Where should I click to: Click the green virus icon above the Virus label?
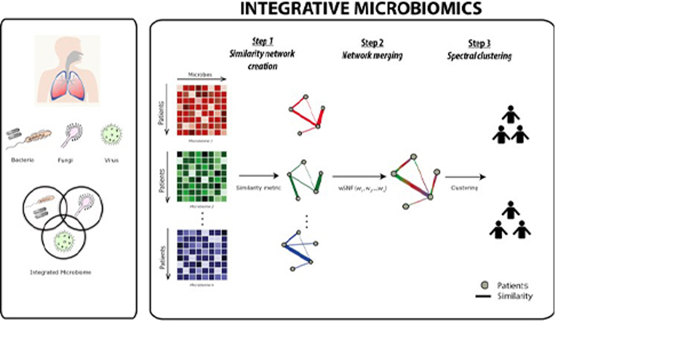tap(111, 135)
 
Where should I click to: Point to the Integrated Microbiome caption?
tap(60, 273)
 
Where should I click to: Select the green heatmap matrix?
tap(202, 177)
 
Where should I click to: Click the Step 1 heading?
tap(264, 42)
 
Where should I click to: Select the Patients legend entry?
tap(505, 284)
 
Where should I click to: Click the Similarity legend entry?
tap(505, 296)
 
